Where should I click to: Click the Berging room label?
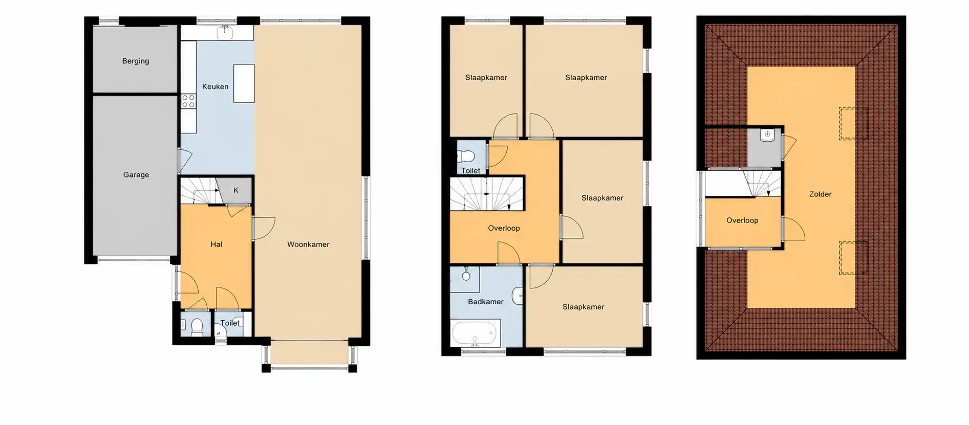coord(136,61)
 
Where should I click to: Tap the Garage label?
coord(136,174)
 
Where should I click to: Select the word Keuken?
coord(215,86)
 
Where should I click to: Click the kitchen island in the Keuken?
coord(244,83)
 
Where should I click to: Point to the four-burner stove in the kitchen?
coord(188,101)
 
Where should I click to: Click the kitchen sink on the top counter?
coord(225,33)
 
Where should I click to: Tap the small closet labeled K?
coord(236,190)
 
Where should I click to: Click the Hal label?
coord(217,244)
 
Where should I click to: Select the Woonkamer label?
coord(308,244)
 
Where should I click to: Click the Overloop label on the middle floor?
coord(504,228)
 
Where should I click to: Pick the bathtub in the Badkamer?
coord(475,333)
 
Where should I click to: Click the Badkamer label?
coord(486,302)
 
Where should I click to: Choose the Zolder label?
coord(821,194)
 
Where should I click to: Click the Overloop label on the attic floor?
coord(742,220)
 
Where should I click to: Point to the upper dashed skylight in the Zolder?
coord(853,123)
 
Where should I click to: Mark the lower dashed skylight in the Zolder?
coord(853,258)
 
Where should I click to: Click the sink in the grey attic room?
coord(767,135)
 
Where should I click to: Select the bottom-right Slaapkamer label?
coord(584,307)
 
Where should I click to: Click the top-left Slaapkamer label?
coord(486,78)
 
